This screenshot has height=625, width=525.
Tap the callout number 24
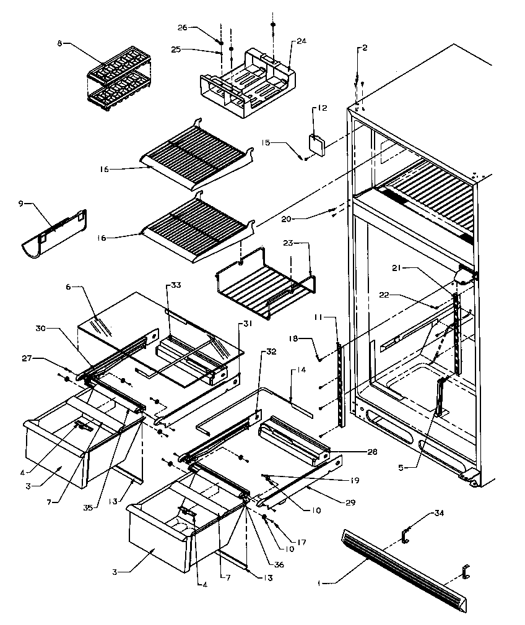(301, 42)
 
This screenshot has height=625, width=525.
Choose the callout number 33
(176, 285)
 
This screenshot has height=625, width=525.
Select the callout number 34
(439, 513)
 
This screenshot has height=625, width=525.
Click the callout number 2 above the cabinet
(365, 48)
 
